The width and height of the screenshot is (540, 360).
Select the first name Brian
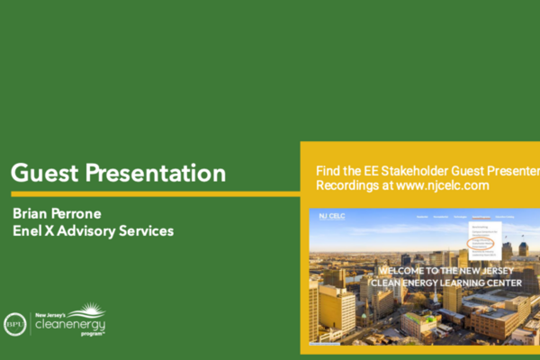(x=32, y=214)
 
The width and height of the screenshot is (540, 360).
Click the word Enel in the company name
(x=30, y=231)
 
